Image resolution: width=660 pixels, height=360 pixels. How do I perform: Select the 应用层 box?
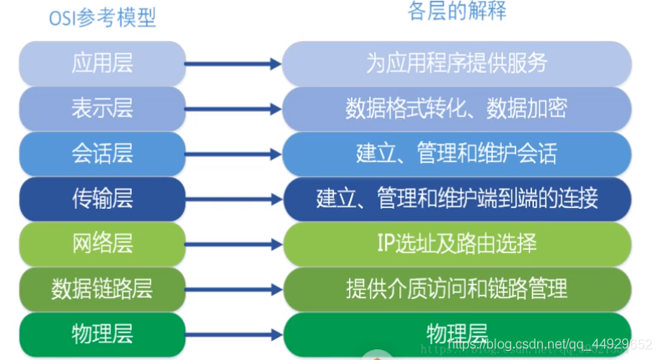[x=102, y=63]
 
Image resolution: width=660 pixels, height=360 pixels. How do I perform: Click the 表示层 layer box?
[x=102, y=109]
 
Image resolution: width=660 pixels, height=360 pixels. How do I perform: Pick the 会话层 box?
[x=102, y=153]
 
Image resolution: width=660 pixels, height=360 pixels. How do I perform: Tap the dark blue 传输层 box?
[x=102, y=198]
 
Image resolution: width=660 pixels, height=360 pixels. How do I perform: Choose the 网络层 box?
[x=102, y=243]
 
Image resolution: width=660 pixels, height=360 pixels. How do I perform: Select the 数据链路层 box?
[x=102, y=288]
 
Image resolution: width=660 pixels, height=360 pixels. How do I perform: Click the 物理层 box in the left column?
[x=102, y=332]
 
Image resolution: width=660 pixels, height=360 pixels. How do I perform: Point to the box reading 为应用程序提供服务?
[x=457, y=63]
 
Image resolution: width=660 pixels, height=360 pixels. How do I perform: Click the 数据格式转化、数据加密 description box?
[x=457, y=109]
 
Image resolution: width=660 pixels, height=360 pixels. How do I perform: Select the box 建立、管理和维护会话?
[x=457, y=153]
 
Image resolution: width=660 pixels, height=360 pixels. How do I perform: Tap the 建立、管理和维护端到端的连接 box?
[x=457, y=198]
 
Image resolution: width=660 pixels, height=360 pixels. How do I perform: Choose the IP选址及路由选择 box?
[x=457, y=243]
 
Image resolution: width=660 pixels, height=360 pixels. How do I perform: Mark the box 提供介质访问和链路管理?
[x=457, y=288]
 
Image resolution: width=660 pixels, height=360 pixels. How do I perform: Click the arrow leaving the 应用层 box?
[x=234, y=63]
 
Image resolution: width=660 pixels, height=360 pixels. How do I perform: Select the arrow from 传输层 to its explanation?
[x=234, y=198]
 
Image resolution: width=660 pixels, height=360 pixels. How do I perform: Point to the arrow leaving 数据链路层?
[x=234, y=288]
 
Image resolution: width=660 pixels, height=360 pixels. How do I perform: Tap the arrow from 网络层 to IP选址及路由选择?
[x=234, y=243]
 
